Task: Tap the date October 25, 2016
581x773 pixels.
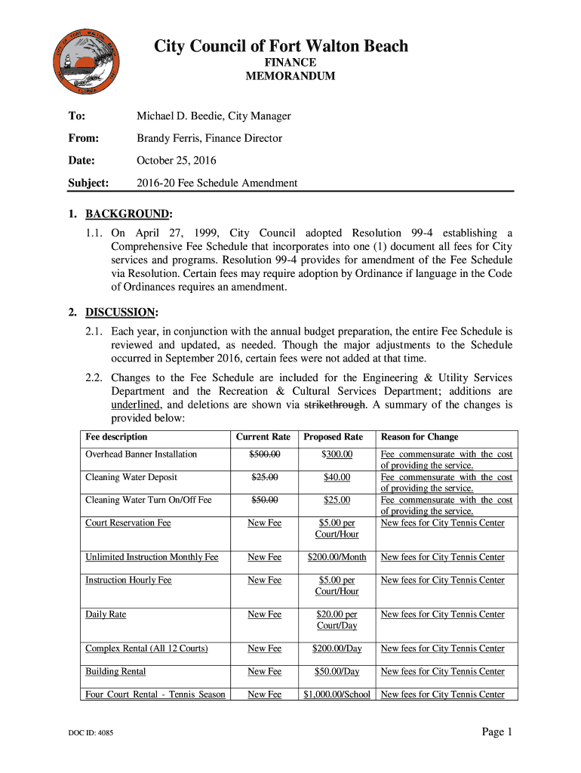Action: tap(176, 161)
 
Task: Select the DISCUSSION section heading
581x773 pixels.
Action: tap(121, 312)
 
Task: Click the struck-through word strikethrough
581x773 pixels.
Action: tap(334, 405)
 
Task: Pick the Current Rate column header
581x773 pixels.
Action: tap(263, 437)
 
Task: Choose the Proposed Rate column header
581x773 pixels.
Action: tap(334, 437)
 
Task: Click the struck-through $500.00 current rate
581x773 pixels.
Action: tap(264, 454)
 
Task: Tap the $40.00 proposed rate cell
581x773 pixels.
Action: tap(336, 477)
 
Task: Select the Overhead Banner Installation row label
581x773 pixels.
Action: tap(141, 454)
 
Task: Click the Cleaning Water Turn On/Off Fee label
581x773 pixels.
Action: tap(149, 500)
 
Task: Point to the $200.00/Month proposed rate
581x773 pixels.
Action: tap(337, 557)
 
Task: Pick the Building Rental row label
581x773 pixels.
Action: tap(115, 671)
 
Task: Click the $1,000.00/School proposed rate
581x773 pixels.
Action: tap(337, 694)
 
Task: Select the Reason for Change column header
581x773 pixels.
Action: tap(420, 437)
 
